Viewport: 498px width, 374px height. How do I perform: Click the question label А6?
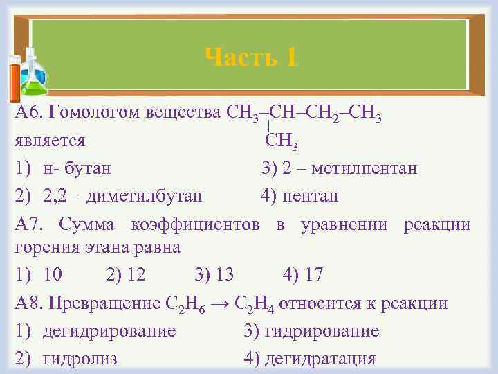(x=28, y=113)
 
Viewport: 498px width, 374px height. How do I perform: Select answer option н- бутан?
(x=76, y=169)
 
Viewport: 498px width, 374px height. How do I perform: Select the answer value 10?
(x=53, y=275)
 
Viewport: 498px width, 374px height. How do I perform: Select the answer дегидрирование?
(x=109, y=331)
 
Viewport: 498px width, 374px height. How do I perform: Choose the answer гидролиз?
(x=80, y=359)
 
